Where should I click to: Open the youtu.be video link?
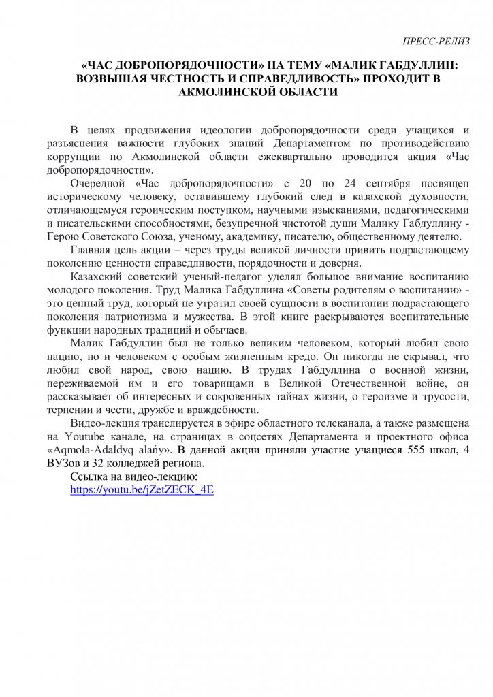pos(142,489)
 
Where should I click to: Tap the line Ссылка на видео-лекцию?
pos(134,476)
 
